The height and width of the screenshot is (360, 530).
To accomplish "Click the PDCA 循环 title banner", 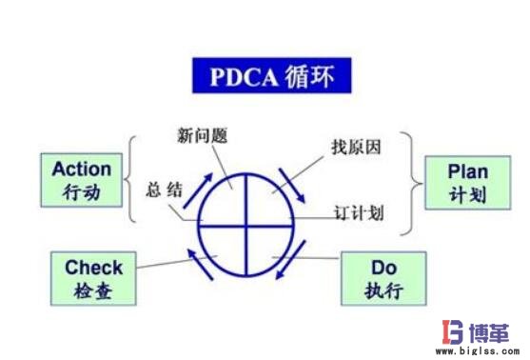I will click(265, 74).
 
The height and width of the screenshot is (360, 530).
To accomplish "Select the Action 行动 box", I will click(82, 181).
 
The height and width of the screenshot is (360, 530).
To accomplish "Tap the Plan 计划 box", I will click(468, 181).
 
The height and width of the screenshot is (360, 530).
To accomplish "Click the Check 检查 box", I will click(93, 278).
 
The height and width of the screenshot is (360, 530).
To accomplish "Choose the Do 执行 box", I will click(386, 278).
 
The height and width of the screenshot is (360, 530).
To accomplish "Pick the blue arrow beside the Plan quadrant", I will click(293, 185).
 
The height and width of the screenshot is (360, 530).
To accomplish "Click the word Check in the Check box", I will click(93, 268).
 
